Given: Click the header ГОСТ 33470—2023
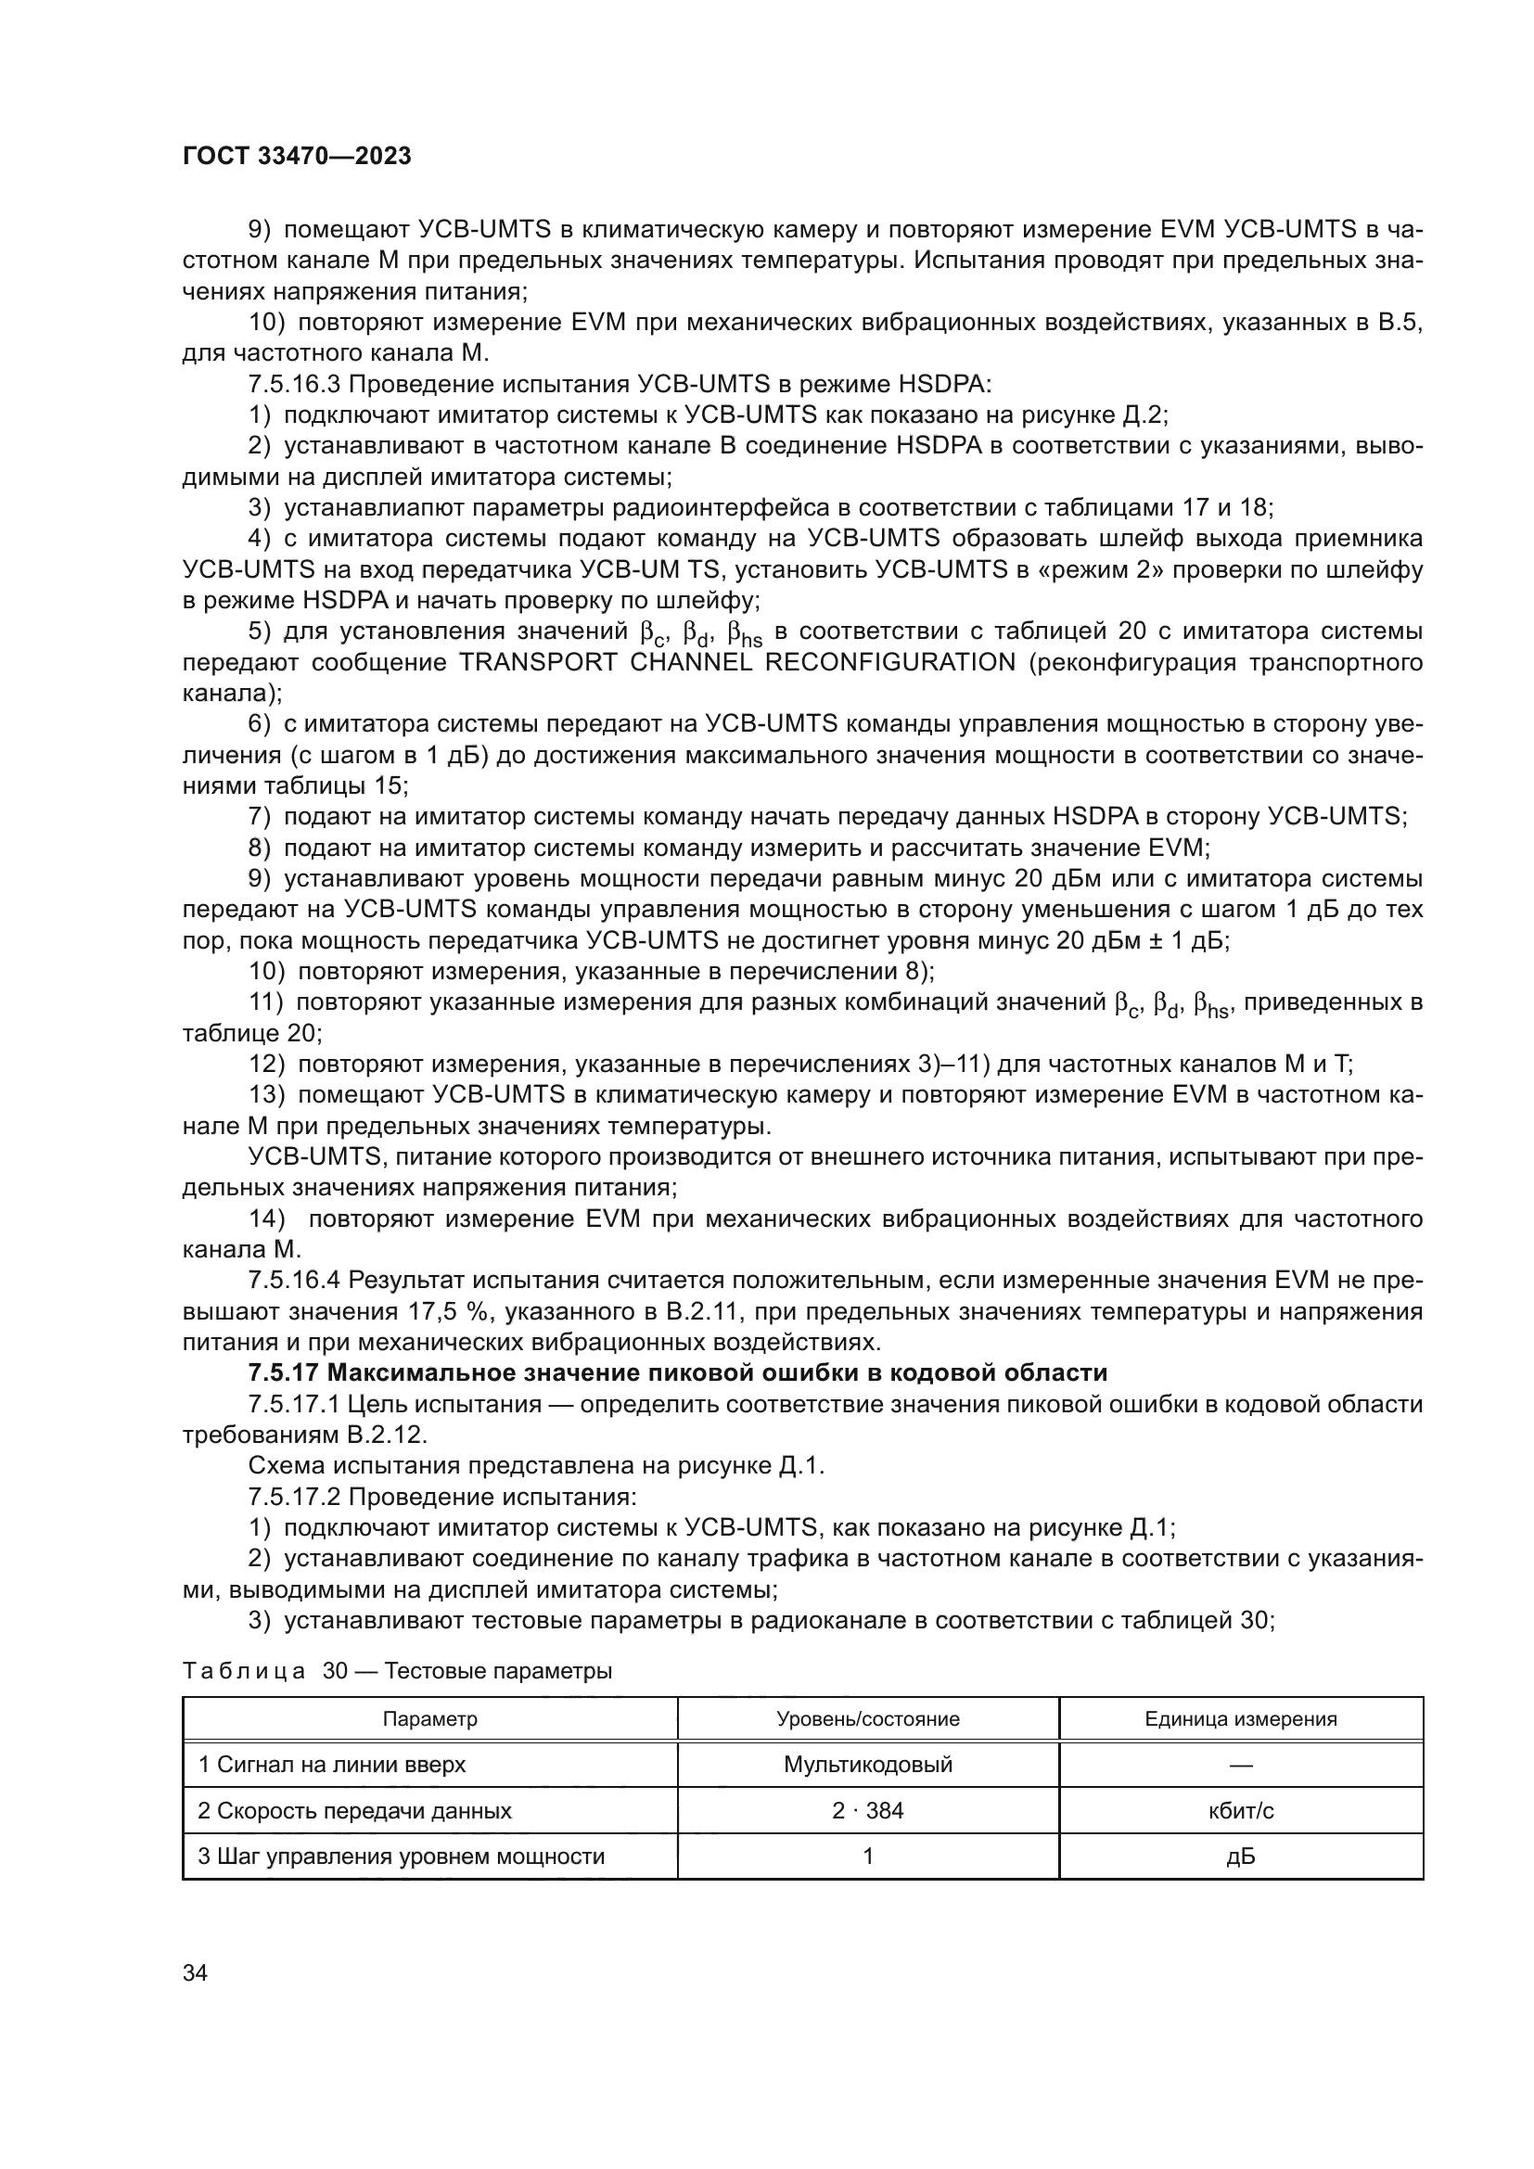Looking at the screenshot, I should point(297,157).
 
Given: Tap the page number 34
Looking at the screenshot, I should point(196,1973).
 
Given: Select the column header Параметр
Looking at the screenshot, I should point(429,1719).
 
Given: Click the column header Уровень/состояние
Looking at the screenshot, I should point(867,1719).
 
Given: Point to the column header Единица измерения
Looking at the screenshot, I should point(1240,1719).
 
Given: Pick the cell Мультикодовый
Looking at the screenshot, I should point(867,1765).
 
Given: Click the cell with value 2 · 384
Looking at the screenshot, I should point(867,1811).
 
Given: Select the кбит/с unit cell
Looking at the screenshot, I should point(1240,1811).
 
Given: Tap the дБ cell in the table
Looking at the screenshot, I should point(1240,1857).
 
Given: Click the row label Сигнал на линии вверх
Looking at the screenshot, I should point(331,1765).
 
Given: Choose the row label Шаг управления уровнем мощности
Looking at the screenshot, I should point(401,1857).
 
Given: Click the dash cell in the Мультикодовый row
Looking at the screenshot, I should point(1240,1765).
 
